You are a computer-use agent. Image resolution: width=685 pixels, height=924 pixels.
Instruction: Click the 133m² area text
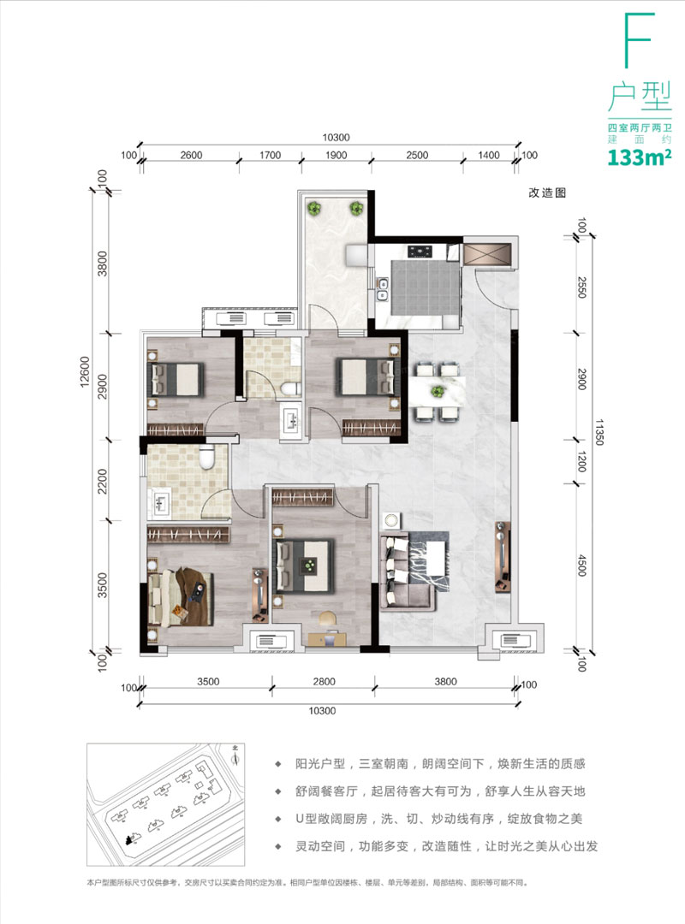coord(639,157)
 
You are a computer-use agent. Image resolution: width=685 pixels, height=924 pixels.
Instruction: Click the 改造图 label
coord(548,193)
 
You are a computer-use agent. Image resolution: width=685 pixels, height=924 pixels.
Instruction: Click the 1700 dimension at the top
coord(271,155)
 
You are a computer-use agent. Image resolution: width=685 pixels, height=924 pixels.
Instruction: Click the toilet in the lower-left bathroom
coord(206,459)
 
